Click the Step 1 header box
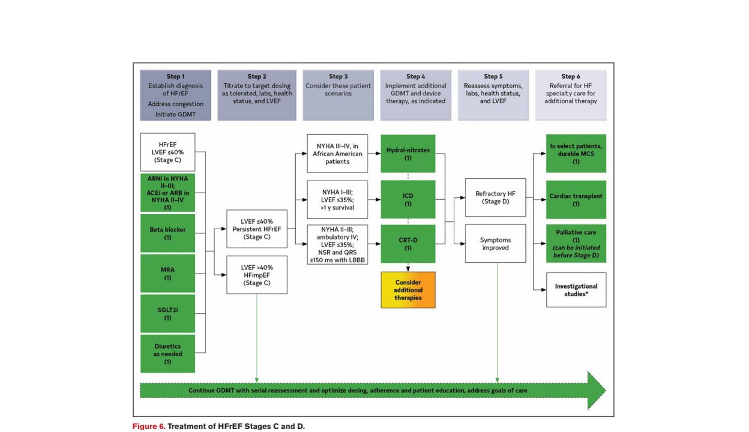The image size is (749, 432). pyautogui.click(x=175, y=95)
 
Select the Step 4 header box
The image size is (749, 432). pyautogui.click(x=416, y=95)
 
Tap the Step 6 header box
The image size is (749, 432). pyautogui.click(x=570, y=95)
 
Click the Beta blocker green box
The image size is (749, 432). pyautogui.click(x=167, y=233)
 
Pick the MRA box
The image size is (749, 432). pyautogui.click(x=167, y=273)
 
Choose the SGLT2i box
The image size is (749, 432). pyautogui.click(x=167, y=313)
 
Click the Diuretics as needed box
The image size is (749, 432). pyautogui.click(x=167, y=354)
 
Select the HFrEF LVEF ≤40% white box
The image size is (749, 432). pyautogui.click(x=167, y=152)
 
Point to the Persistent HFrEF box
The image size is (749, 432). pyautogui.click(x=257, y=229)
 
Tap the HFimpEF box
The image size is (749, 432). pyautogui.click(x=257, y=275)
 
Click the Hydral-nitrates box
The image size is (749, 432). pyautogui.click(x=408, y=154)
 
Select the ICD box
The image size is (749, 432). pyautogui.click(x=408, y=199)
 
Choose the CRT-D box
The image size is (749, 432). pyautogui.click(x=408, y=244)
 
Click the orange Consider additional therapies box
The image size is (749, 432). pyautogui.click(x=408, y=290)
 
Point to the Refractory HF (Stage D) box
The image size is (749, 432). pyautogui.click(x=495, y=197)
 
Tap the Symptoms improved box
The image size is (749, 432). pyautogui.click(x=495, y=243)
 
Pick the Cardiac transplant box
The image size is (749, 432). pyautogui.click(x=576, y=200)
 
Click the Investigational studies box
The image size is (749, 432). pyautogui.click(x=576, y=290)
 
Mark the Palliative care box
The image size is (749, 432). pyautogui.click(x=576, y=243)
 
